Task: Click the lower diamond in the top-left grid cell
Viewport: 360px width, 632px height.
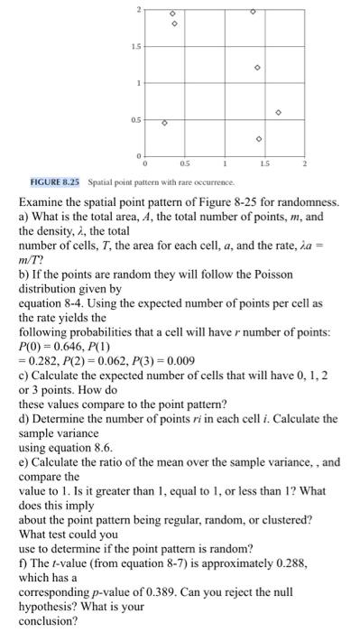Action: pyautogui.click(x=173, y=24)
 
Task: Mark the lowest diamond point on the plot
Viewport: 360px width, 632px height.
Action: pyautogui.click(x=258, y=139)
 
